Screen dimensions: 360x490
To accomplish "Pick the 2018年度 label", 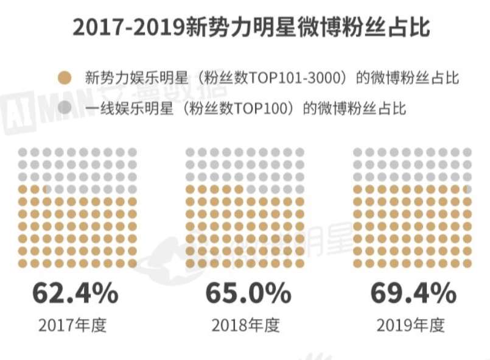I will point(245,325).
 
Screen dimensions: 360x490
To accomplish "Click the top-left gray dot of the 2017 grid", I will point(23,152).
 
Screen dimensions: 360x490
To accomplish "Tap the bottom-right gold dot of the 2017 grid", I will point(132,263).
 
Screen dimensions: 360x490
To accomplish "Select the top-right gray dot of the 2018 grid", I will point(299,152).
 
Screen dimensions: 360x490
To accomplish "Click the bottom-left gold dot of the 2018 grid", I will point(190,263).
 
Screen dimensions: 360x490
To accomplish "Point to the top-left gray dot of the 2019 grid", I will point(358,152).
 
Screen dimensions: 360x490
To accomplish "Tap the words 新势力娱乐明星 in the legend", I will point(124,79).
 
